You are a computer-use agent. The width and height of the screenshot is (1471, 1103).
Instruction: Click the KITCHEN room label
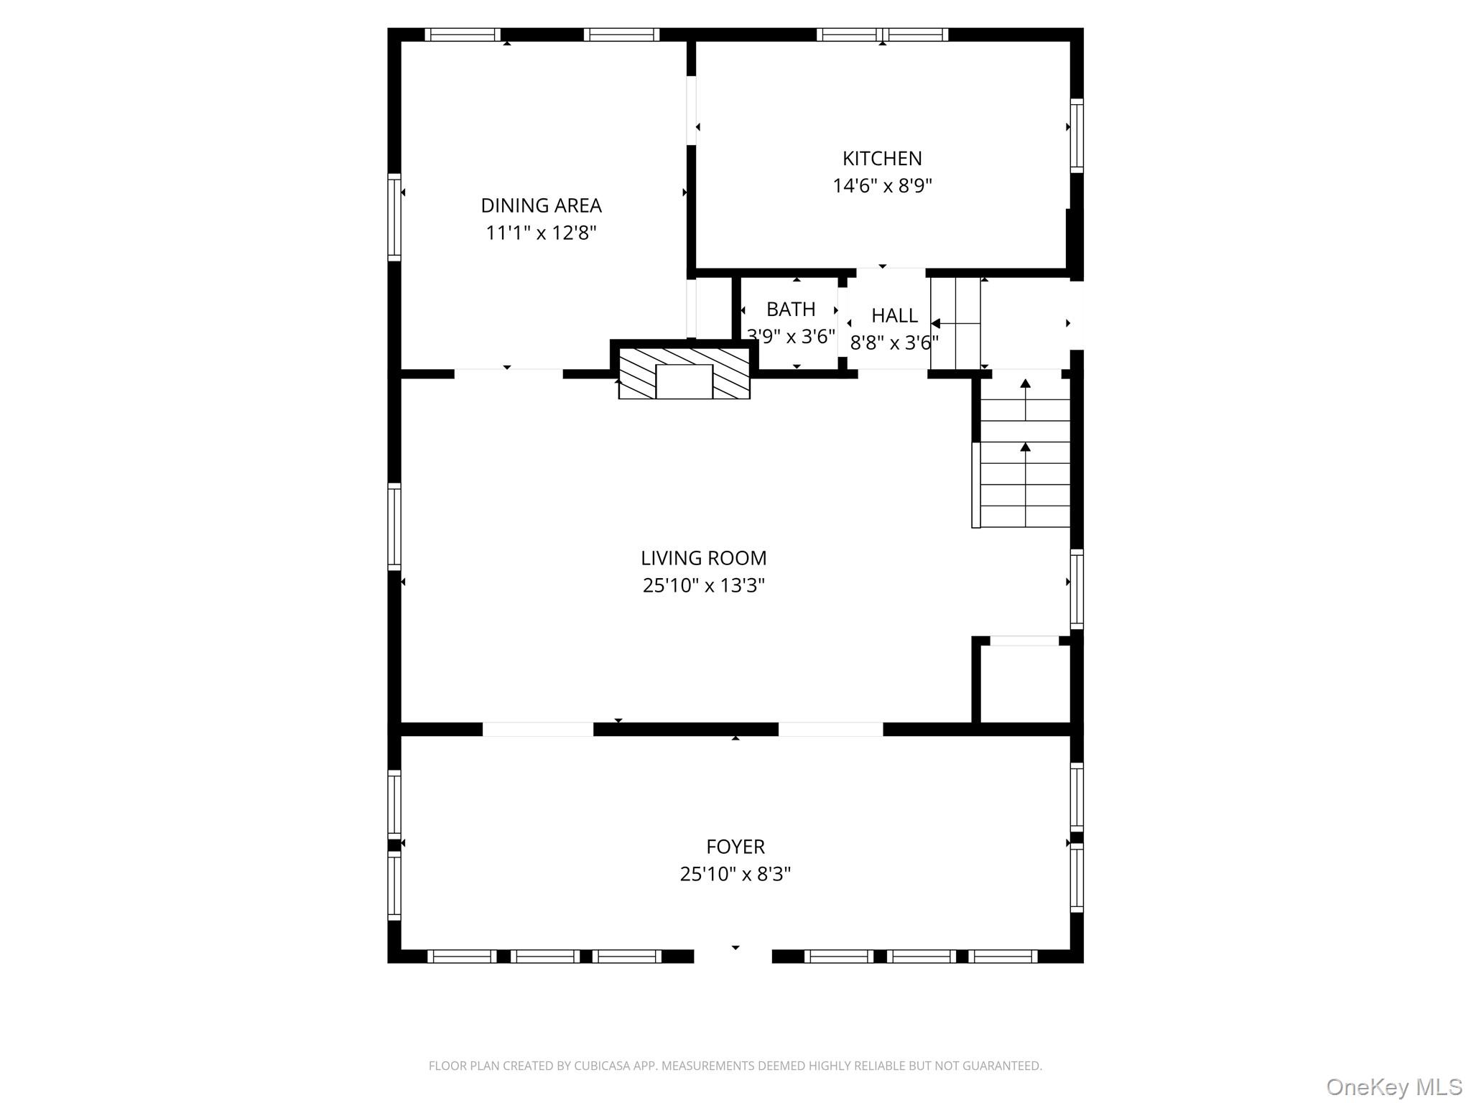pos(881,158)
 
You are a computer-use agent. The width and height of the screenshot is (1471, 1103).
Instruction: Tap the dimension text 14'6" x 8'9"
pos(881,186)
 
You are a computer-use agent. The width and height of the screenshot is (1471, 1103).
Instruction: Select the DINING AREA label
pos(541,205)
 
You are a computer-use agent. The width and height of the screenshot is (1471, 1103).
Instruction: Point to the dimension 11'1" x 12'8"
pos(541,233)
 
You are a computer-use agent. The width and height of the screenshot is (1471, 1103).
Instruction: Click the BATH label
pos(790,309)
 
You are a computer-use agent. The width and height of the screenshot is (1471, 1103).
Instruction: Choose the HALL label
pos(894,315)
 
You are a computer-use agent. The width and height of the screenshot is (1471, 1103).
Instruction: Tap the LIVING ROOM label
pos(703,558)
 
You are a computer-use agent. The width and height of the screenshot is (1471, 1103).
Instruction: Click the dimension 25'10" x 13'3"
pos(703,585)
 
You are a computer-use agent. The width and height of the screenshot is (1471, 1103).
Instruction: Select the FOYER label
pos(735,847)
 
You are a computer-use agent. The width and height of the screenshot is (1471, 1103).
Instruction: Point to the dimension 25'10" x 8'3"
pos(735,874)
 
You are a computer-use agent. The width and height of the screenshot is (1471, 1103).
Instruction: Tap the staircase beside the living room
pos(1025,460)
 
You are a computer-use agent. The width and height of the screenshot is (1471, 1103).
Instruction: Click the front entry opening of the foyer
pos(733,956)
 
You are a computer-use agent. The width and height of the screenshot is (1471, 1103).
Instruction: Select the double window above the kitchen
pos(882,34)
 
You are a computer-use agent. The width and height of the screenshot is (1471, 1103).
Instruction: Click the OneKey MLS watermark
pos(1393,1086)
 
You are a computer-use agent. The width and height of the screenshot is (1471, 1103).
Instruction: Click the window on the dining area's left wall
pos(394,215)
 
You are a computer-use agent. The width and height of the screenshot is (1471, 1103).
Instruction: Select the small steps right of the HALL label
pos(956,323)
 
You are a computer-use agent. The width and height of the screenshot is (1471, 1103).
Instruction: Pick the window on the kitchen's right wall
pos(1076,135)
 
